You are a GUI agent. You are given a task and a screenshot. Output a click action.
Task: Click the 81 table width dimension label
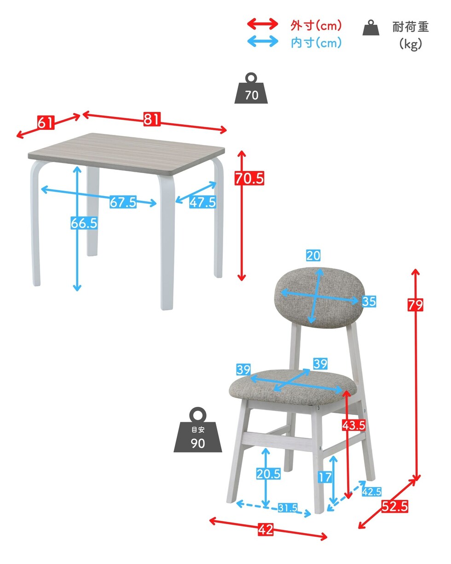pyautogui.click(x=152, y=119)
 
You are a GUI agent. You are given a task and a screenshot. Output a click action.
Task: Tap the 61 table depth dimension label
pyautogui.click(x=46, y=122)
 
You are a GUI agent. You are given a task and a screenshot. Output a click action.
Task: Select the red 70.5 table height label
pyautogui.click(x=249, y=178)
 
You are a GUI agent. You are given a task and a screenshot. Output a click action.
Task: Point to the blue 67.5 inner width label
pyautogui.click(x=123, y=202)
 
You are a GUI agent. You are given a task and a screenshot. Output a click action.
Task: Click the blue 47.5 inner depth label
pyautogui.click(x=202, y=202)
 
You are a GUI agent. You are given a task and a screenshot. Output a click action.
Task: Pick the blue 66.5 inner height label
pyautogui.click(x=84, y=223)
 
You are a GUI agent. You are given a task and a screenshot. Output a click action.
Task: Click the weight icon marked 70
pyautogui.click(x=251, y=88)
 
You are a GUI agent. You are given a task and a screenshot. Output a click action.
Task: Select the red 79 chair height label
pyautogui.click(x=415, y=305)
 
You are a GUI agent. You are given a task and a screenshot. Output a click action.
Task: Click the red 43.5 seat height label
pyautogui.click(x=353, y=425)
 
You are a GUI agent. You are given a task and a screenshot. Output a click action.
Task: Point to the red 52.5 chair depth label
pyautogui.click(x=394, y=506)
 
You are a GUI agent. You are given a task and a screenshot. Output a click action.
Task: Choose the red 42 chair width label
pyautogui.click(x=266, y=529)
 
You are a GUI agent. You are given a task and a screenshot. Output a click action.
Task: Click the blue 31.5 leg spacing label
pyautogui.click(x=288, y=508)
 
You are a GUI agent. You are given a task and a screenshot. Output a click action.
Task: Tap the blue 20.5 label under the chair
pyautogui.click(x=268, y=474)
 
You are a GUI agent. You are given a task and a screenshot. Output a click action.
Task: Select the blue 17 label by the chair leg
pyautogui.click(x=325, y=477)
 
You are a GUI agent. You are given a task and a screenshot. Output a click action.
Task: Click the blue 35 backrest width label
pyautogui.click(x=369, y=302)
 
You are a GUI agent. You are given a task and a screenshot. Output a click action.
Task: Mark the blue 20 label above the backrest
pyautogui.click(x=313, y=255)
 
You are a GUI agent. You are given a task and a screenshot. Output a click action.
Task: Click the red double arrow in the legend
pyautogui.click(x=263, y=24)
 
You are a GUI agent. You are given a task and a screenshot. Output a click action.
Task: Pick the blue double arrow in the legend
pyautogui.click(x=263, y=41)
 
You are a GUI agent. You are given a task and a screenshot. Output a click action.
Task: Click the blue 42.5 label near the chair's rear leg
pyautogui.click(x=371, y=491)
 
